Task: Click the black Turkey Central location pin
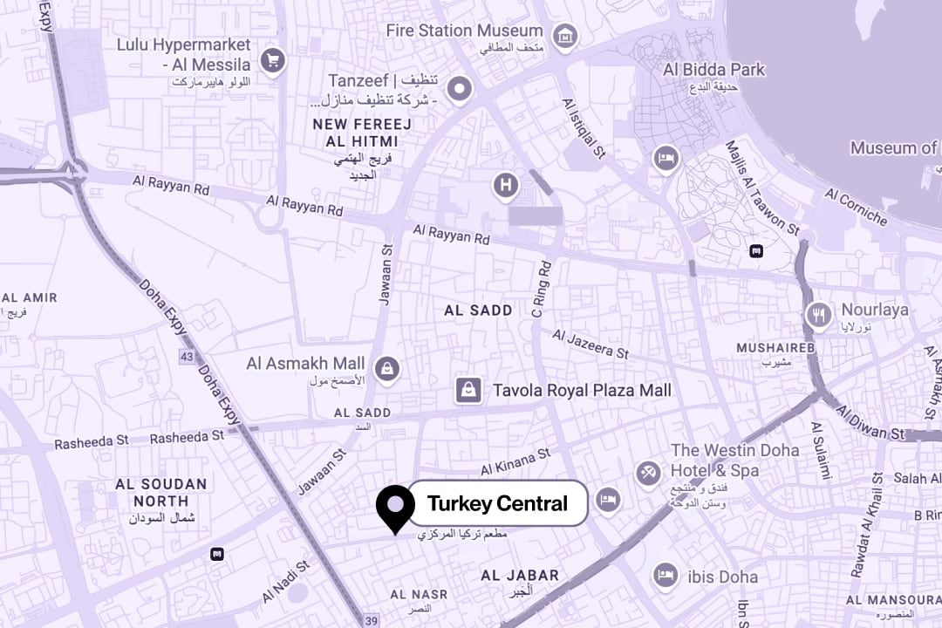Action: click(395, 506)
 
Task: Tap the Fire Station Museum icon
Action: click(566, 37)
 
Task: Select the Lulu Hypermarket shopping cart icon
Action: click(273, 60)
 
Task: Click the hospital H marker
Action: click(505, 185)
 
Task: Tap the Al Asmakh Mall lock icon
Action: click(388, 368)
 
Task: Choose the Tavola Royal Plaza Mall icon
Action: click(468, 390)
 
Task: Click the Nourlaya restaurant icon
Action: click(818, 314)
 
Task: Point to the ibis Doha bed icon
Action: click(665, 575)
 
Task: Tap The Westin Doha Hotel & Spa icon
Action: click(647, 474)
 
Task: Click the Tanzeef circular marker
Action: click(459, 88)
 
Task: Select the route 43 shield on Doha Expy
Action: click(187, 357)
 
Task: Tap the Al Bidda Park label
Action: click(713, 70)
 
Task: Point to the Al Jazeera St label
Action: click(590, 343)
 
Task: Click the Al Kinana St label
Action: click(515, 461)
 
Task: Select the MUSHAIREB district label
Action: click(775, 348)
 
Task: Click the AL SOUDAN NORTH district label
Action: click(161, 492)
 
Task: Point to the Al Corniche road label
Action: click(856, 206)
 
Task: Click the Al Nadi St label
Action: click(285, 582)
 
